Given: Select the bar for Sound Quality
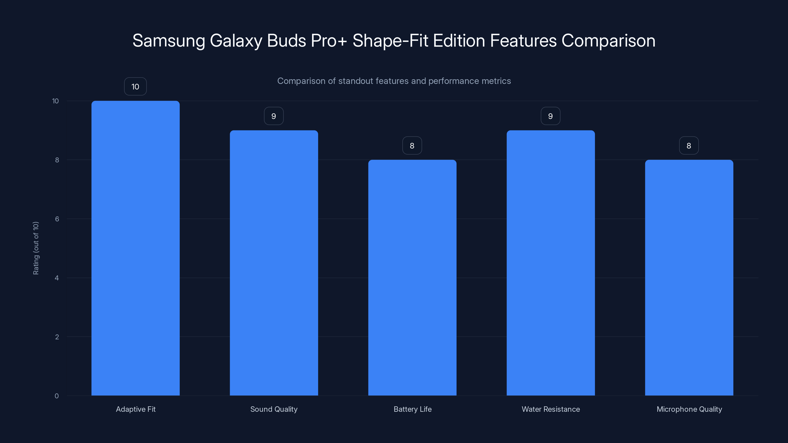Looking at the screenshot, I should [274, 263].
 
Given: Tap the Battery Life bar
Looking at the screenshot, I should [412, 277].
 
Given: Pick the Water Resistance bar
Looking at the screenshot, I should [551, 263].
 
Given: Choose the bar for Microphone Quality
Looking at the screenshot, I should [689, 277].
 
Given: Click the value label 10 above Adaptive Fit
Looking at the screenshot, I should [135, 87].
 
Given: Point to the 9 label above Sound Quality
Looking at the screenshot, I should [274, 116].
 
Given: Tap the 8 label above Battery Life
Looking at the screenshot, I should [412, 145].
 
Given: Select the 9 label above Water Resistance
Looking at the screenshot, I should [550, 116].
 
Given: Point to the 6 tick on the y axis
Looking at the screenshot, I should [57, 219].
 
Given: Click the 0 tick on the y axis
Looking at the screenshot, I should [57, 396].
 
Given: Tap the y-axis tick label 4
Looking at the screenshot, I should [57, 278].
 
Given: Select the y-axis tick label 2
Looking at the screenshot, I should [57, 337].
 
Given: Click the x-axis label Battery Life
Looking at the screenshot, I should [412, 409].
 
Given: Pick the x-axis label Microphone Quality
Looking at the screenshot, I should [689, 409].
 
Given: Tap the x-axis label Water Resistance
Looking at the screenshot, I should [551, 409].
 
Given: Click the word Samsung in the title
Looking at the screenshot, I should [168, 41].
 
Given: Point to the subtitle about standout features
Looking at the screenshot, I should [394, 81].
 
